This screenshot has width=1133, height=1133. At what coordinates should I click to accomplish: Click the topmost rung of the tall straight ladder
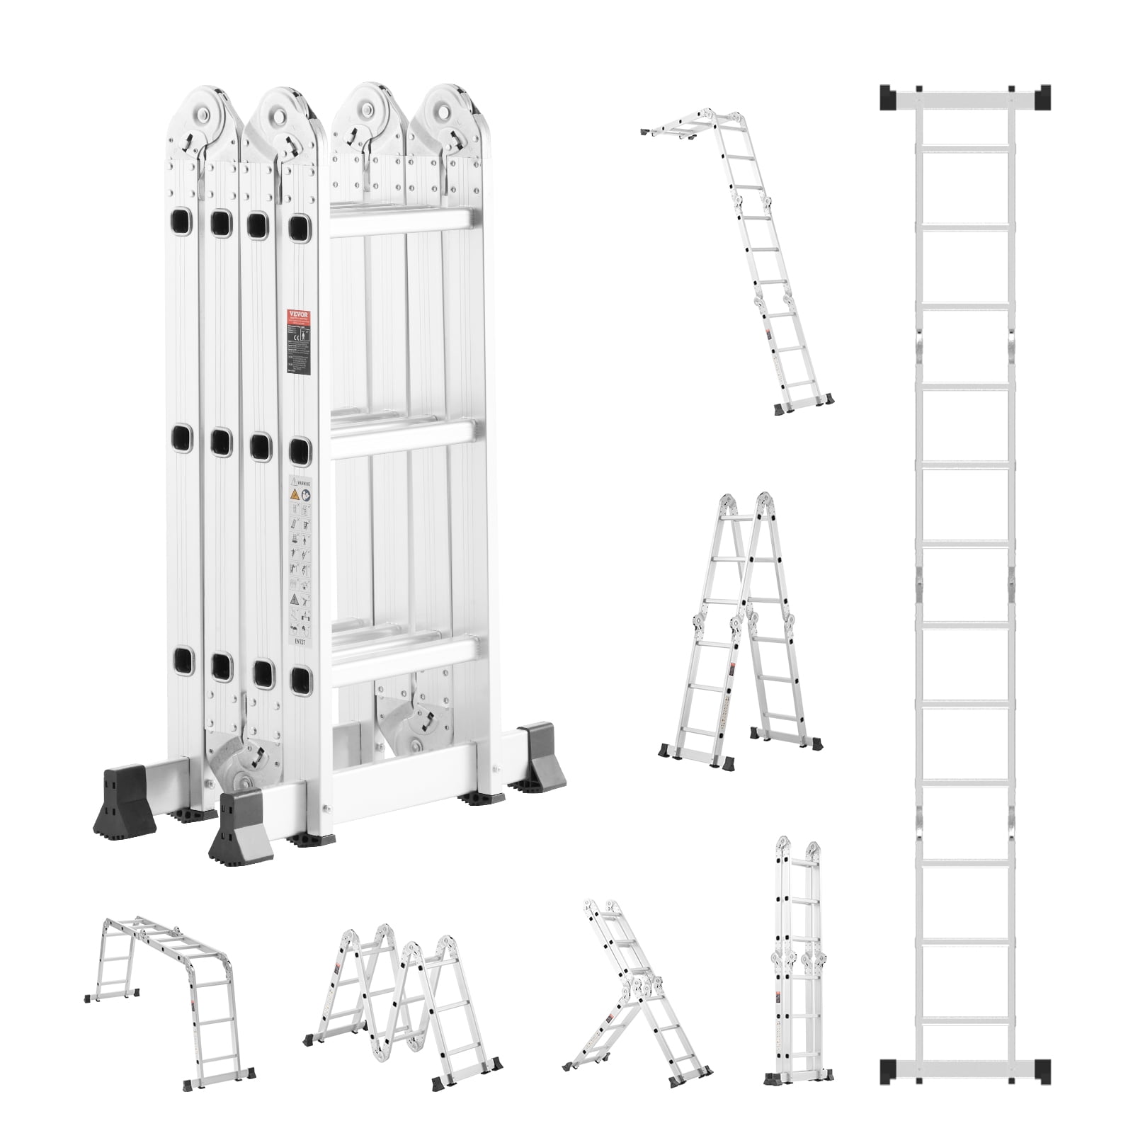coord(965,145)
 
